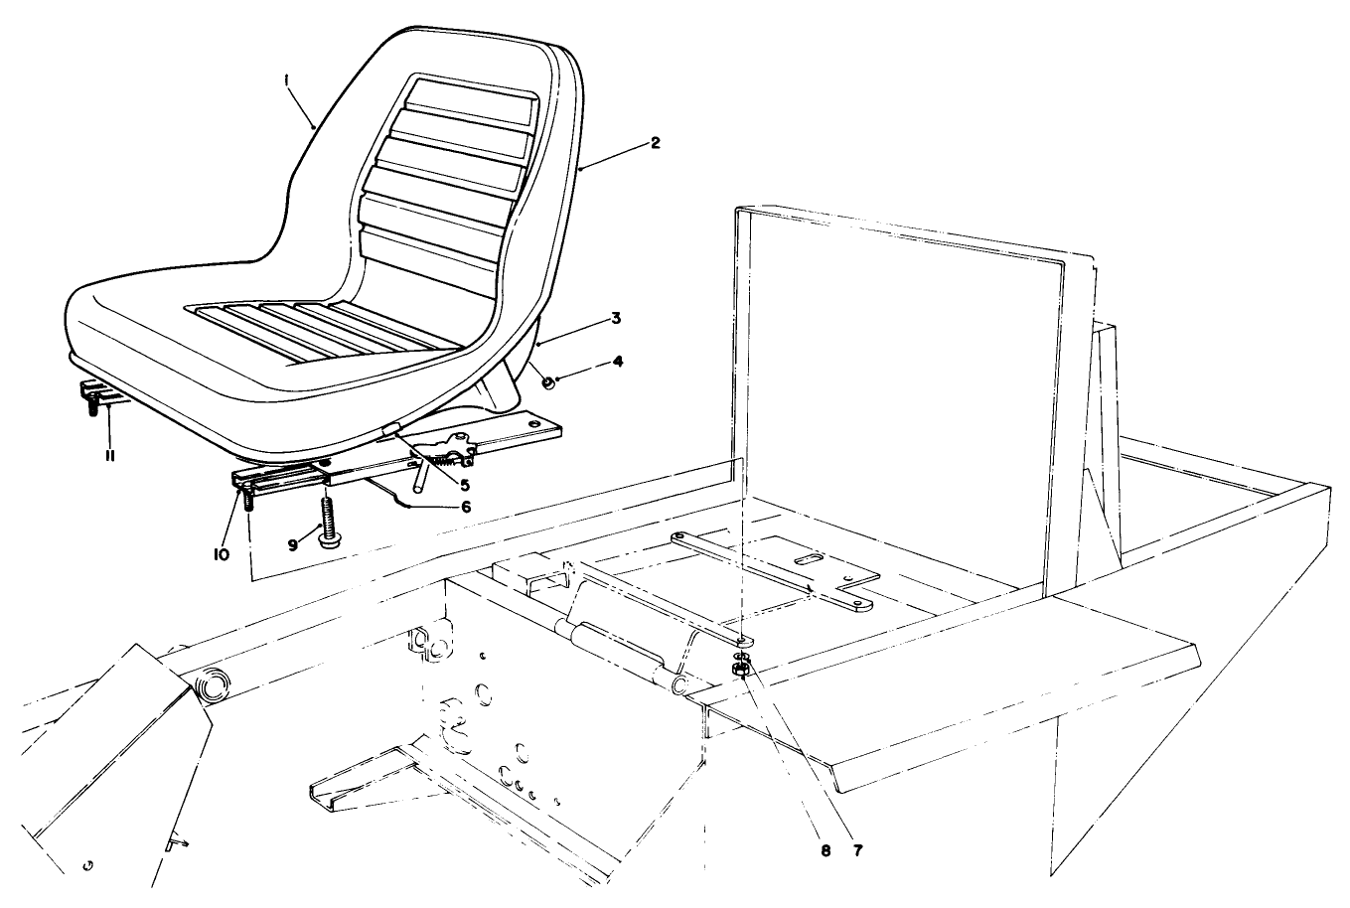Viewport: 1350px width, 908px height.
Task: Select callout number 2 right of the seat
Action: pyautogui.click(x=655, y=143)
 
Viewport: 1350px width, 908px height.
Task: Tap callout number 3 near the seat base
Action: pyautogui.click(x=616, y=318)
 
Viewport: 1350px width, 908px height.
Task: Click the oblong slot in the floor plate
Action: pyautogui.click(x=811, y=561)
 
